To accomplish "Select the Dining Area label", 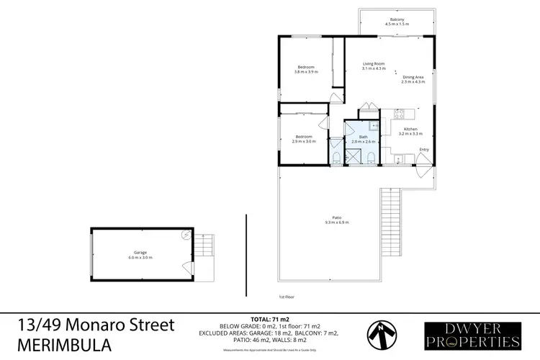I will click(x=413, y=79).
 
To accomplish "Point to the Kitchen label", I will click(x=410, y=131).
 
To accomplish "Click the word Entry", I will click(x=424, y=150).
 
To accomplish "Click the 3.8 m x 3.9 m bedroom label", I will click(x=305, y=69).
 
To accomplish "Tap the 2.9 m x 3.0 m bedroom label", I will click(x=302, y=139).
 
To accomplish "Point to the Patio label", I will click(x=336, y=220).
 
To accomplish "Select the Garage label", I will click(x=141, y=255).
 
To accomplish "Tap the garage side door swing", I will click(x=189, y=269).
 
